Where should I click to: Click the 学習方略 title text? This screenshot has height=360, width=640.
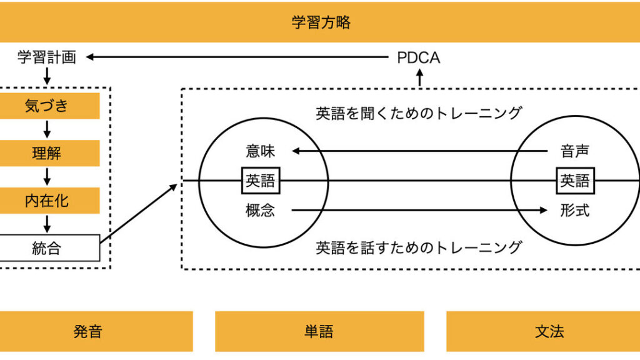[321, 23]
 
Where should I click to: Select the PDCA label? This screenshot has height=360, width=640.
[419, 58]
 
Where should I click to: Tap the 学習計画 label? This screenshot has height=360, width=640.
[47, 58]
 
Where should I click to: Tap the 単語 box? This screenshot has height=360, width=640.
[319, 331]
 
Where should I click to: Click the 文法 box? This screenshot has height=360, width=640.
[550, 331]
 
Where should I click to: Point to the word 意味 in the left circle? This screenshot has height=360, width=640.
[260, 151]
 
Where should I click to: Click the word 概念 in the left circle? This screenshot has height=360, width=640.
[260, 211]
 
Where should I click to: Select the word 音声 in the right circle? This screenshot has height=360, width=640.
[575, 151]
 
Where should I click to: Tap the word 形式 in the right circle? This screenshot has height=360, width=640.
[575, 211]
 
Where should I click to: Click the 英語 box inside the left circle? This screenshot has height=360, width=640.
[261, 181]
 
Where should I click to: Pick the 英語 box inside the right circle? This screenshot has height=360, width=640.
[575, 181]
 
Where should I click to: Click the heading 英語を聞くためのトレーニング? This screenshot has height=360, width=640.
[419, 113]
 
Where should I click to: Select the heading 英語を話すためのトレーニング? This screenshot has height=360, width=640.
[419, 247]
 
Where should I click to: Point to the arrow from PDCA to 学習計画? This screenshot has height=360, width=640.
[237, 57]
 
